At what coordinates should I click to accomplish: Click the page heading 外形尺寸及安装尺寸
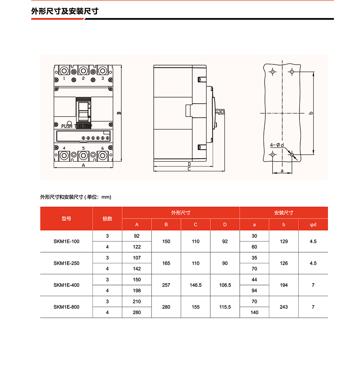click(x=65, y=11)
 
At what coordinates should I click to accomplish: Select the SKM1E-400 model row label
click(x=67, y=285)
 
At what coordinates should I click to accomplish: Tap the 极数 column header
click(x=107, y=219)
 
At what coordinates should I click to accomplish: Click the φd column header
click(x=313, y=225)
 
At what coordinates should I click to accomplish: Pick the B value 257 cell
click(x=166, y=285)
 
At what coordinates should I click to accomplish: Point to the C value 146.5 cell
click(x=195, y=285)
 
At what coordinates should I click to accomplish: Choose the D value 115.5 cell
click(x=225, y=307)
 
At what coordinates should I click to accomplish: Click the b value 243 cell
click(x=284, y=307)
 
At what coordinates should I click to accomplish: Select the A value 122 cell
click(x=137, y=247)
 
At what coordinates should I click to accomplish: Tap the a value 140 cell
click(x=255, y=312)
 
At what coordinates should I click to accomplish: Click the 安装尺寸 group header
click(x=284, y=213)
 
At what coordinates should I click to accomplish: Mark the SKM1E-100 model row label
click(x=67, y=241)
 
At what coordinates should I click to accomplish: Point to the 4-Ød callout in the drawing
click(x=277, y=145)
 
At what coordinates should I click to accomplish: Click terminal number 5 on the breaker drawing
click(x=83, y=148)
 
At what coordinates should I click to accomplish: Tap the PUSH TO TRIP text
click(x=77, y=126)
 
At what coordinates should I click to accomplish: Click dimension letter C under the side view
click(x=189, y=169)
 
